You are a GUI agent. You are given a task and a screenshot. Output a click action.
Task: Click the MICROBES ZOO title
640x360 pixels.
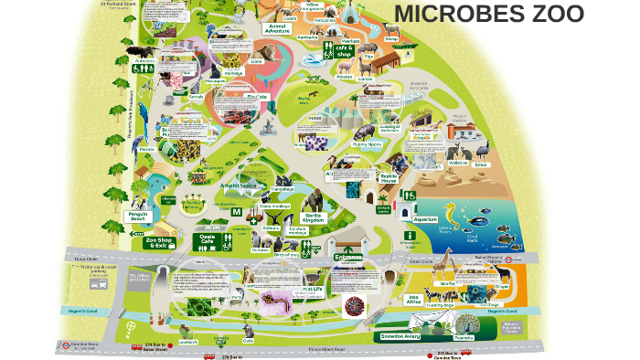coord(489,15)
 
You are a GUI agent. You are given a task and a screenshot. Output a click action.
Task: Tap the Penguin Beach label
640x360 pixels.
coord(137,216)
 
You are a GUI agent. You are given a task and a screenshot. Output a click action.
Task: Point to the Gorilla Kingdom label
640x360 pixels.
coord(314,217)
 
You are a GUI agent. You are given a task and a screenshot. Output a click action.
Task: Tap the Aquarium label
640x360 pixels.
coord(426,219)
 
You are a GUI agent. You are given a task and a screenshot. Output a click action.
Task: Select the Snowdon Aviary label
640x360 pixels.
coord(400,336)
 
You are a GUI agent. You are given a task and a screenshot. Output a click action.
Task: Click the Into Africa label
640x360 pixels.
coord(413,299)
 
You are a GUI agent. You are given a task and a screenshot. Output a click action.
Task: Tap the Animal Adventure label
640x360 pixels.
coord(277,28)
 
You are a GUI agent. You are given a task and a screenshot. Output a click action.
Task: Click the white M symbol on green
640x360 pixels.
coord(236,212)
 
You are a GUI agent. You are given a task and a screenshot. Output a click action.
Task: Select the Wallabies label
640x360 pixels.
coord(458,164)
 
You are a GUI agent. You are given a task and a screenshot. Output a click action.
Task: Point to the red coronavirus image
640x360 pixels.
coord(353,305)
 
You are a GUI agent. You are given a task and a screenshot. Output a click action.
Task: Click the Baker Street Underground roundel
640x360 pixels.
coord(518,259)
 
